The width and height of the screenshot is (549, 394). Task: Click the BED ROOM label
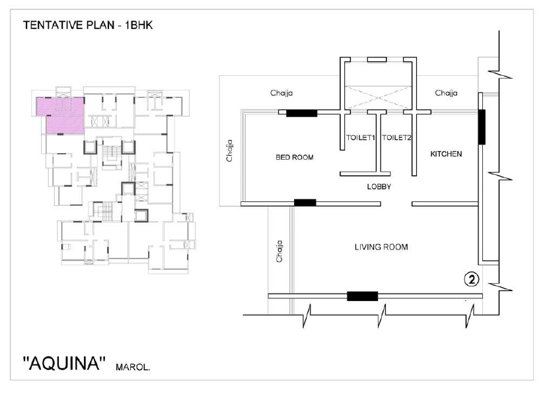(x=295, y=158)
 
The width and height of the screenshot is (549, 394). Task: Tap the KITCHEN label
(x=446, y=154)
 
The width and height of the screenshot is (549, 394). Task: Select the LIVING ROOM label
(x=381, y=247)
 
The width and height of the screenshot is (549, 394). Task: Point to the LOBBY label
(x=379, y=187)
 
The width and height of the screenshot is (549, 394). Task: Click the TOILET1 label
(x=360, y=137)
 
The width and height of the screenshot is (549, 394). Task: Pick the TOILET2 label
(x=396, y=137)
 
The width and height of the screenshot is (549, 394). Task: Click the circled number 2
(x=471, y=280)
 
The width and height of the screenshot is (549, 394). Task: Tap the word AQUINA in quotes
(x=65, y=363)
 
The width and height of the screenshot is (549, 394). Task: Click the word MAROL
(x=133, y=368)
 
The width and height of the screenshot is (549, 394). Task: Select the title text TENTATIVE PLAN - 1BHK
(x=88, y=25)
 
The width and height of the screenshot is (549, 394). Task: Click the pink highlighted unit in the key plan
(x=60, y=115)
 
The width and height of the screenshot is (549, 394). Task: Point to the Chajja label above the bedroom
(x=281, y=93)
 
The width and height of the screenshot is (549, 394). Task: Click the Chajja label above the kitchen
(x=446, y=93)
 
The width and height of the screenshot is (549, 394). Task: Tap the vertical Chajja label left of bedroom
(x=229, y=151)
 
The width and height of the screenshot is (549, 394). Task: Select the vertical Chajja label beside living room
(x=279, y=251)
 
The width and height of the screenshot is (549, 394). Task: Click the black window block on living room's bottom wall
(x=363, y=296)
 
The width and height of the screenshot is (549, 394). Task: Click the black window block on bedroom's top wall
(x=301, y=113)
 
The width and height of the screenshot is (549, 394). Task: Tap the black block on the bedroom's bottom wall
(x=305, y=203)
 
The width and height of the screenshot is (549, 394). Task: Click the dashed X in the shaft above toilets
(x=378, y=97)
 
